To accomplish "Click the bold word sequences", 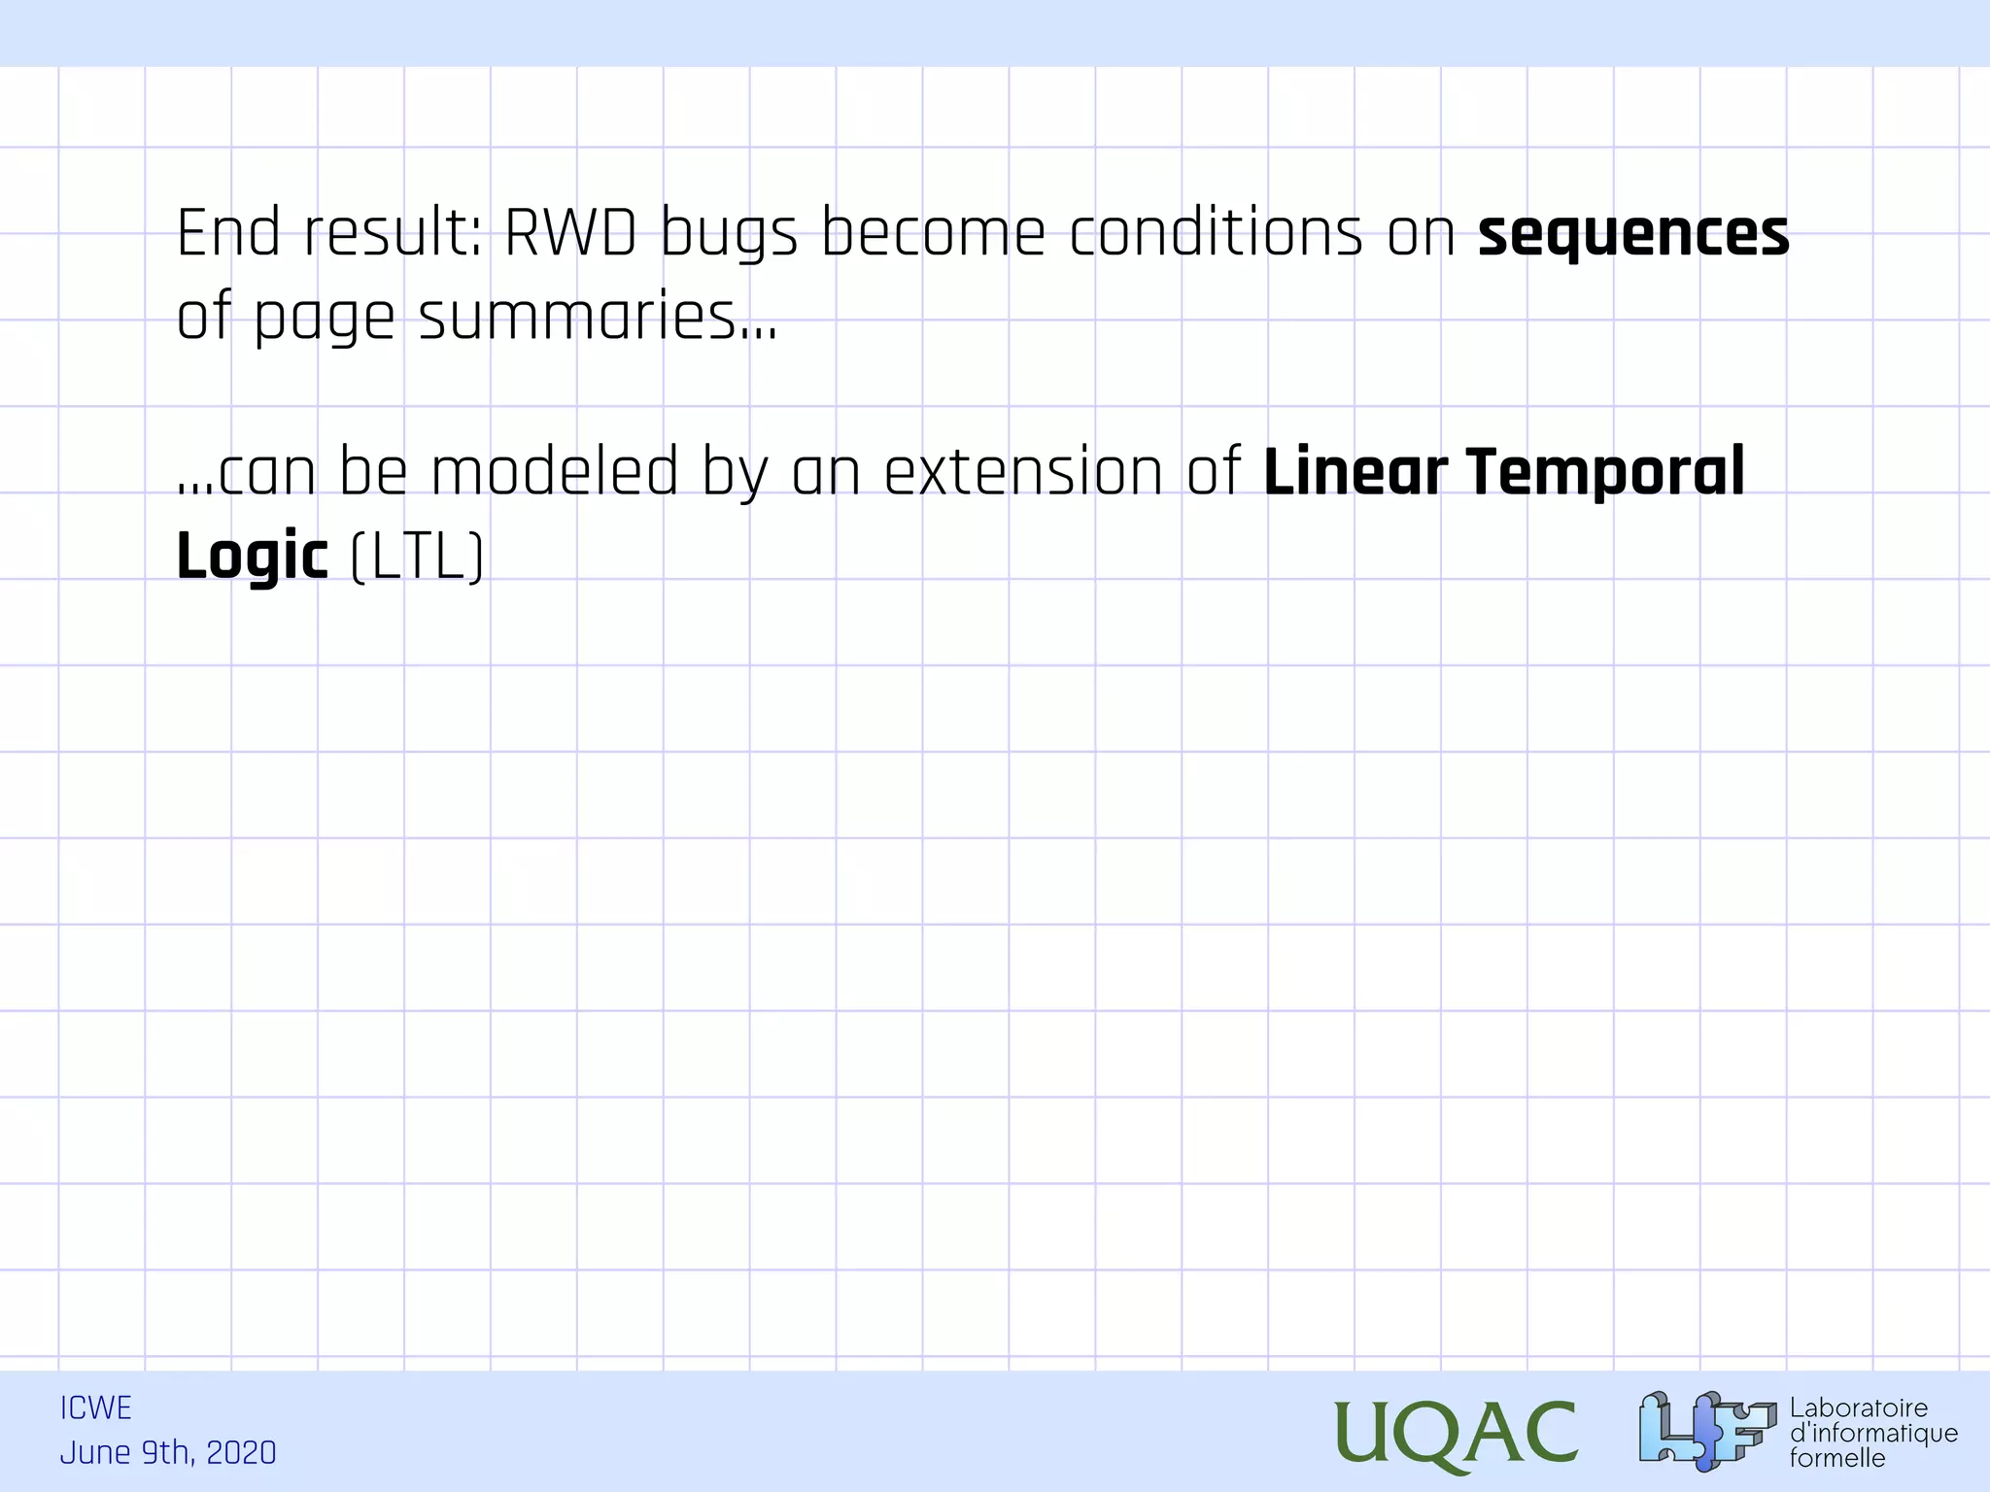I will pyautogui.click(x=1632, y=235).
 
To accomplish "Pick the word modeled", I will pyautogui.click(x=554, y=472).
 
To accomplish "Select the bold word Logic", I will pyautogui.click(x=252, y=558).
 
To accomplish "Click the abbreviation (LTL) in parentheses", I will pyautogui.click(x=416, y=558).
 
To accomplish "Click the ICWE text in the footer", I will pyautogui.click(x=95, y=1407).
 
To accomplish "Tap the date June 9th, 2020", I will pyautogui.click(x=168, y=1452).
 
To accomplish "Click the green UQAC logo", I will pyautogui.click(x=1455, y=1434).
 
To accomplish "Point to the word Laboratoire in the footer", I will pyautogui.click(x=1858, y=1407).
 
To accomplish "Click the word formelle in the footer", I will pyautogui.click(x=1836, y=1458).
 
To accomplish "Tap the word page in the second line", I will pyautogui.click(x=324, y=320).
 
